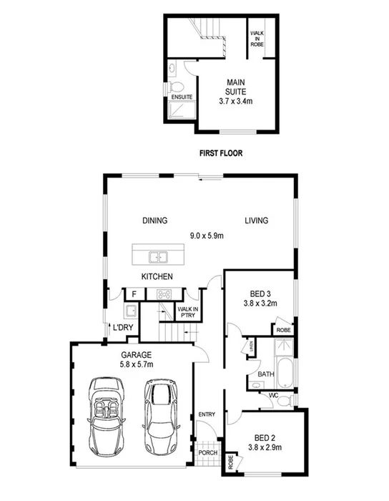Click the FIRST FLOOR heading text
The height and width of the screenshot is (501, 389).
pos(222,152)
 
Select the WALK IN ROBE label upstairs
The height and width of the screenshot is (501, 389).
pos(257,37)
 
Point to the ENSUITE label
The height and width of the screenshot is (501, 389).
pos(179,97)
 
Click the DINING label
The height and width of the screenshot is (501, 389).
pos(154,220)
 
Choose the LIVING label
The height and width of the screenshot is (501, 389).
pos(255,220)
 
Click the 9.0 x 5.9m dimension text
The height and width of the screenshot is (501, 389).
pos(207,235)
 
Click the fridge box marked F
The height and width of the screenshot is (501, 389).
pos(132,293)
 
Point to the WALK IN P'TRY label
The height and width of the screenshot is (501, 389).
pos(187,312)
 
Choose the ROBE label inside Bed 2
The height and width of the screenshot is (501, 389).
pos(231,462)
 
